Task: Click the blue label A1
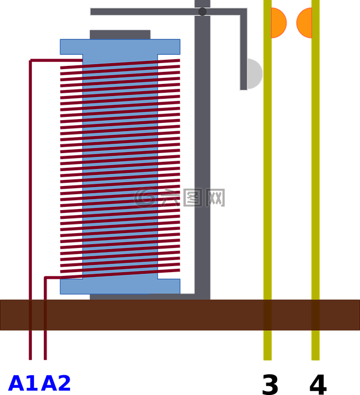24,383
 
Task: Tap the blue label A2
56,383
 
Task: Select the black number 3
270,385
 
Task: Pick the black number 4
318,385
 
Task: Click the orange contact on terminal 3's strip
279,23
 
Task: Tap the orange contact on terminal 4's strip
304,23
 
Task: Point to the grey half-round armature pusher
255,74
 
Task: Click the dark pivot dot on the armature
202,12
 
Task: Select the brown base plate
180,315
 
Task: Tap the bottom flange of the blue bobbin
120,286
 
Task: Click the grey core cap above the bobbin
120,35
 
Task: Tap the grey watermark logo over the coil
179,198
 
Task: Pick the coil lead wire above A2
45,318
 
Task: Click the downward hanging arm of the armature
243,50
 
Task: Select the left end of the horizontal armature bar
91,12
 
